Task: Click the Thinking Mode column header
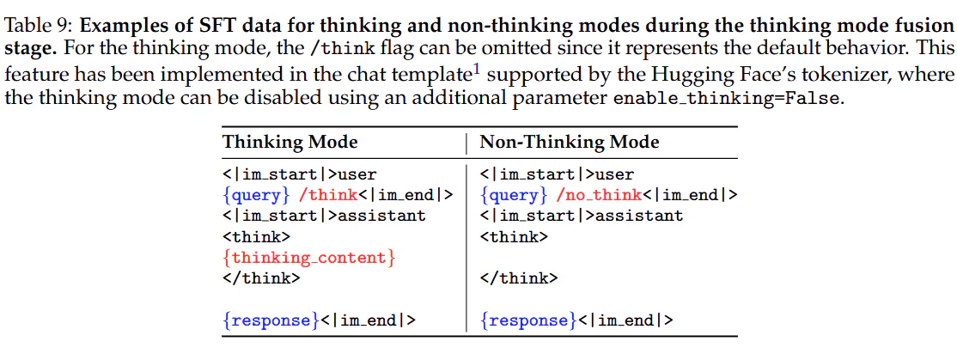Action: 290,143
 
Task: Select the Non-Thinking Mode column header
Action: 570,143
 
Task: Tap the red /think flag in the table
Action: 328,195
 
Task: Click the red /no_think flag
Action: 600,195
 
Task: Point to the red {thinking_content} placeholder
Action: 308,258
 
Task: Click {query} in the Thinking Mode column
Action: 256,195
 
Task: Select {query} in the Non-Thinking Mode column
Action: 514,195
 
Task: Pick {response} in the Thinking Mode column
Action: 271,320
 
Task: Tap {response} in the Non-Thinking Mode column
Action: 528,320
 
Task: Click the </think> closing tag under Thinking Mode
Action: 260,279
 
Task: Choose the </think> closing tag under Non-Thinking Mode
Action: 519,279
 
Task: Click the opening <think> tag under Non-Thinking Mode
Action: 514,237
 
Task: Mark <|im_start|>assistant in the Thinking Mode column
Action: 324,216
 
